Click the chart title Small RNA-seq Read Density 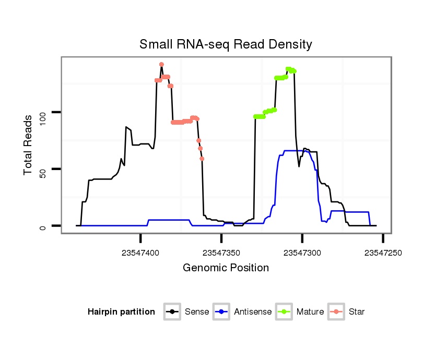pyautogui.click(x=226, y=44)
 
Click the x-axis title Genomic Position pyautogui.click(x=226, y=268)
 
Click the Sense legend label pyautogui.click(x=197, y=312)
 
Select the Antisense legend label pyautogui.click(x=253, y=312)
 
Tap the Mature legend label pyautogui.click(x=310, y=312)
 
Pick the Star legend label pyautogui.click(x=356, y=312)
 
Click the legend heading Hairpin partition pyautogui.click(x=121, y=312)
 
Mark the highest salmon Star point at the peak pyautogui.click(x=161, y=65)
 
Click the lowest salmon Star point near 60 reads pyautogui.click(x=202, y=159)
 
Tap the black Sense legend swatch pyautogui.click(x=172, y=312)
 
